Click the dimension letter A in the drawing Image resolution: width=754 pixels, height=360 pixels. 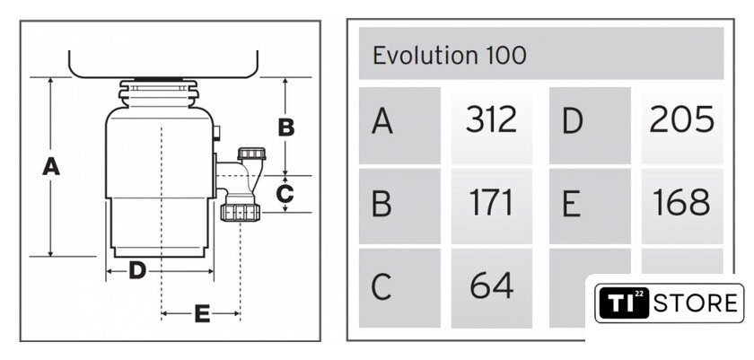(51, 166)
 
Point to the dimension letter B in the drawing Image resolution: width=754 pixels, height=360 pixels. (286, 127)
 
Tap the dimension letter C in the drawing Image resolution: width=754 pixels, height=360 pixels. (285, 194)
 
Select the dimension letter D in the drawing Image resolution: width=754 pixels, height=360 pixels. (137, 271)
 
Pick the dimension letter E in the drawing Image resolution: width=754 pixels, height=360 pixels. (202, 314)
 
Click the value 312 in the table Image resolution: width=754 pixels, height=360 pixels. (491, 119)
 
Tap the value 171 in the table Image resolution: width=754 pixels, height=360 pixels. (490, 203)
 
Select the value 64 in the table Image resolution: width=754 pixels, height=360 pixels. (492, 285)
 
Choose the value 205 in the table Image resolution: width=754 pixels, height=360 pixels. (681, 119)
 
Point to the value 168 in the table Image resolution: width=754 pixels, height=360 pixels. (681, 203)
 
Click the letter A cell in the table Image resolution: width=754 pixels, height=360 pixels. (399, 126)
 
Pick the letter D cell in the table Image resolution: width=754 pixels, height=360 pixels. (590, 126)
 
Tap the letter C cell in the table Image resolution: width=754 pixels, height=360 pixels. (399, 288)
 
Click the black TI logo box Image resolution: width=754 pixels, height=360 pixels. (623, 303)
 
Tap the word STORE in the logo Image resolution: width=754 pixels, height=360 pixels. (696, 303)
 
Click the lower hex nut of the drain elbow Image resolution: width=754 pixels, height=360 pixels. (241, 212)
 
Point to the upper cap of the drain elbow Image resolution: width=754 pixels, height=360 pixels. (251, 154)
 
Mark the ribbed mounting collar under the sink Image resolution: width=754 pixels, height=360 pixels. (159, 93)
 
